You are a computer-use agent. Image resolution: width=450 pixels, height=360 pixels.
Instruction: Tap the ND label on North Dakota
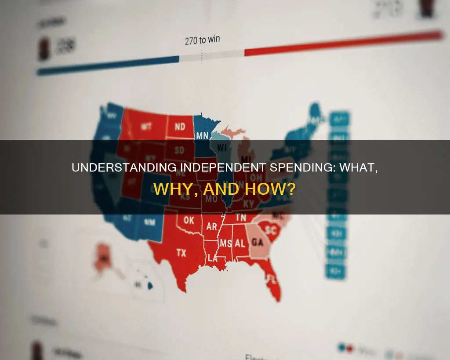click(180, 127)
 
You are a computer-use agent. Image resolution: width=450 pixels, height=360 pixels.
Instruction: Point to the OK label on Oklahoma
click(189, 220)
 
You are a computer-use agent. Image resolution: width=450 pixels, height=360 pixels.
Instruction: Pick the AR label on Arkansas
click(212, 227)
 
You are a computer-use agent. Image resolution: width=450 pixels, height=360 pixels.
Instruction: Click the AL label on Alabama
click(240, 243)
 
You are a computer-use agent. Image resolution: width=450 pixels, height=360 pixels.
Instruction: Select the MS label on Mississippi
click(226, 244)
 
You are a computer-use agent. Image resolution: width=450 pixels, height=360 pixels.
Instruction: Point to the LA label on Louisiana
click(213, 258)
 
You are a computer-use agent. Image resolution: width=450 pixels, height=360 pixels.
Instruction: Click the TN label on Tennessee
click(240, 217)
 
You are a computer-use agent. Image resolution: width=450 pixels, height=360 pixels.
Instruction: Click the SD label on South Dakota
click(180, 150)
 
